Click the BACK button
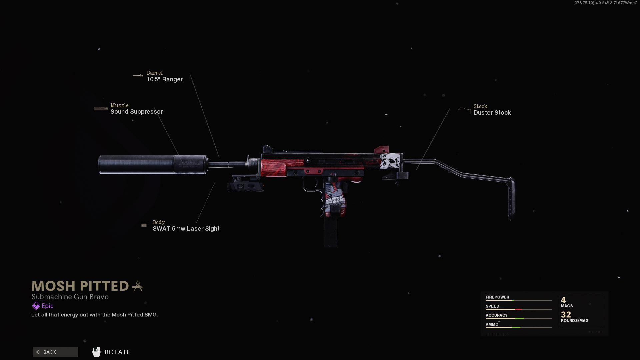55,352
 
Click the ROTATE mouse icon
97,352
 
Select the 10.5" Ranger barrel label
165,79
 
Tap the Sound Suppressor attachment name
137,112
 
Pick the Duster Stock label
492,113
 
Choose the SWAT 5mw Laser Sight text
186,229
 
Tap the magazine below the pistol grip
331,232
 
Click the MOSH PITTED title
80,286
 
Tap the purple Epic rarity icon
36,306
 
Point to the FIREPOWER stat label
497,297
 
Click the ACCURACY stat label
496,315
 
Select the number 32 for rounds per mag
566,314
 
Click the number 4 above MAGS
563,300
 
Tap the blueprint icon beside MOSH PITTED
138,286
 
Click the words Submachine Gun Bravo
70,297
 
